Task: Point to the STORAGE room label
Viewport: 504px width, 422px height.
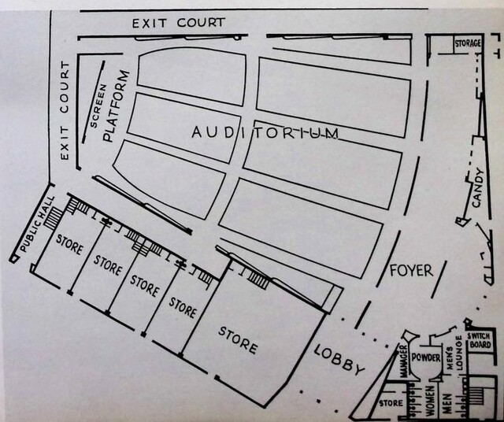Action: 468,43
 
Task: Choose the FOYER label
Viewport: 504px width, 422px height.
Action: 411,270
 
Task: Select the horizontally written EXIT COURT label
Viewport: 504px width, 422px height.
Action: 178,23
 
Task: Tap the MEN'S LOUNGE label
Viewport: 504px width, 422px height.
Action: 449,356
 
